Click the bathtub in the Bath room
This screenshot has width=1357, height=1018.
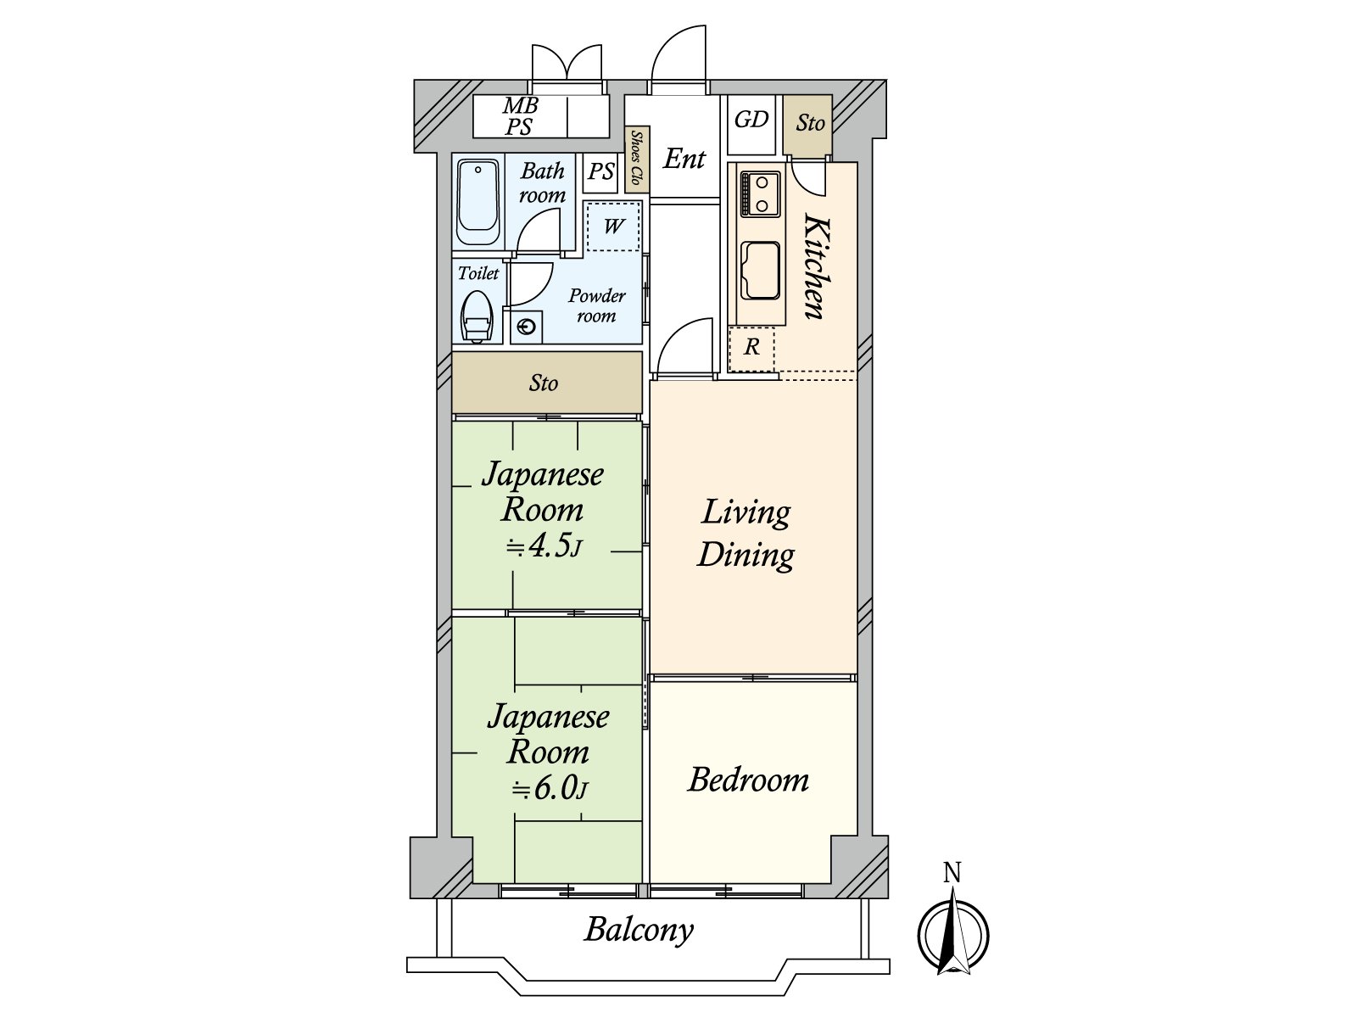pyautogui.click(x=477, y=203)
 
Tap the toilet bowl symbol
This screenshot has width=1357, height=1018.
pyautogui.click(x=477, y=317)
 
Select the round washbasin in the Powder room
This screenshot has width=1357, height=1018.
pyautogui.click(x=527, y=327)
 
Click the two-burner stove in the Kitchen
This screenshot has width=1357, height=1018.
pyautogui.click(x=761, y=193)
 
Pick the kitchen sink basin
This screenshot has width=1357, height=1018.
pyautogui.click(x=760, y=271)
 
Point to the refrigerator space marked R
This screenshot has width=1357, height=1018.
pyautogui.click(x=751, y=348)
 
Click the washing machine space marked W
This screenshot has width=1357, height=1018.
pyautogui.click(x=612, y=227)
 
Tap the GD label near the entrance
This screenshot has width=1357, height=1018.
pyautogui.click(x=751, y=120)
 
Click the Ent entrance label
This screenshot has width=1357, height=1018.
pyautogui.click(x=684, y=159)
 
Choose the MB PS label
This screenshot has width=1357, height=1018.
pyautogui.click(x=519, y=116)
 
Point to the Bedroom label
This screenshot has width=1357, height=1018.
pyautogui.click(x=749, y=780)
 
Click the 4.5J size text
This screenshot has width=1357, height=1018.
pyautogui.click(x=544, y=548)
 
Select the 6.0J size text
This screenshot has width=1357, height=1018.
pyautogui.click(x=549, y=789)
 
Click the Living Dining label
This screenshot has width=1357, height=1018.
pyautogui.click(x=746, y=534)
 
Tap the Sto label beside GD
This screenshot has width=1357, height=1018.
pyautogui.click(x=810, y=123)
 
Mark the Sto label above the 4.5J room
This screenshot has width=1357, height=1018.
pyautogui.click(x=544, y=383)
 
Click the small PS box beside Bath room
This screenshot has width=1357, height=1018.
pyautogui.click(x=601, y=171)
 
